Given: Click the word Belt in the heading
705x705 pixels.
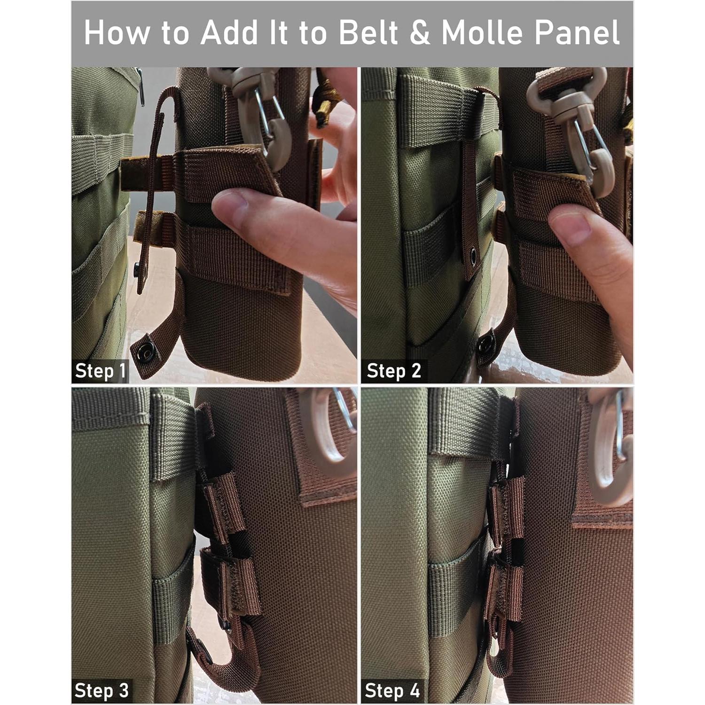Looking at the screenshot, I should coord(370,33).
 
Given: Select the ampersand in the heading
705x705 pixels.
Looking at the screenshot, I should coord(420,33).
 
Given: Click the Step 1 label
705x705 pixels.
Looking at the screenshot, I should coord(101,371).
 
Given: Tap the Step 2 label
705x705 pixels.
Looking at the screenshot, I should coord(393,371).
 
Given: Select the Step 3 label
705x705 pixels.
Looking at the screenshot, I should coord(101,690).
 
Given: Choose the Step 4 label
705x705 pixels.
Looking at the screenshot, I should coord(392,690).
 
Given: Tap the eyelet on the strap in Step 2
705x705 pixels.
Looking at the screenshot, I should coord(472,256).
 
